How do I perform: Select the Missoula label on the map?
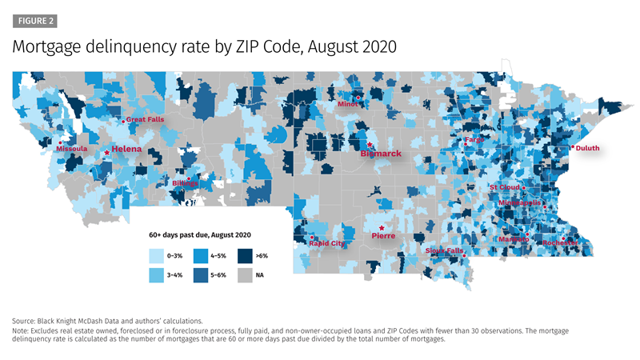coord(72,149)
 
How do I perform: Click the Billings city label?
coord(185,183)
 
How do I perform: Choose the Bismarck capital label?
coord(380,151)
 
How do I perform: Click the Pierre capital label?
coord(384,236)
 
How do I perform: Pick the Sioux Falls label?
coord(444,250)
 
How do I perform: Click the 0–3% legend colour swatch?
coord(157,256)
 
